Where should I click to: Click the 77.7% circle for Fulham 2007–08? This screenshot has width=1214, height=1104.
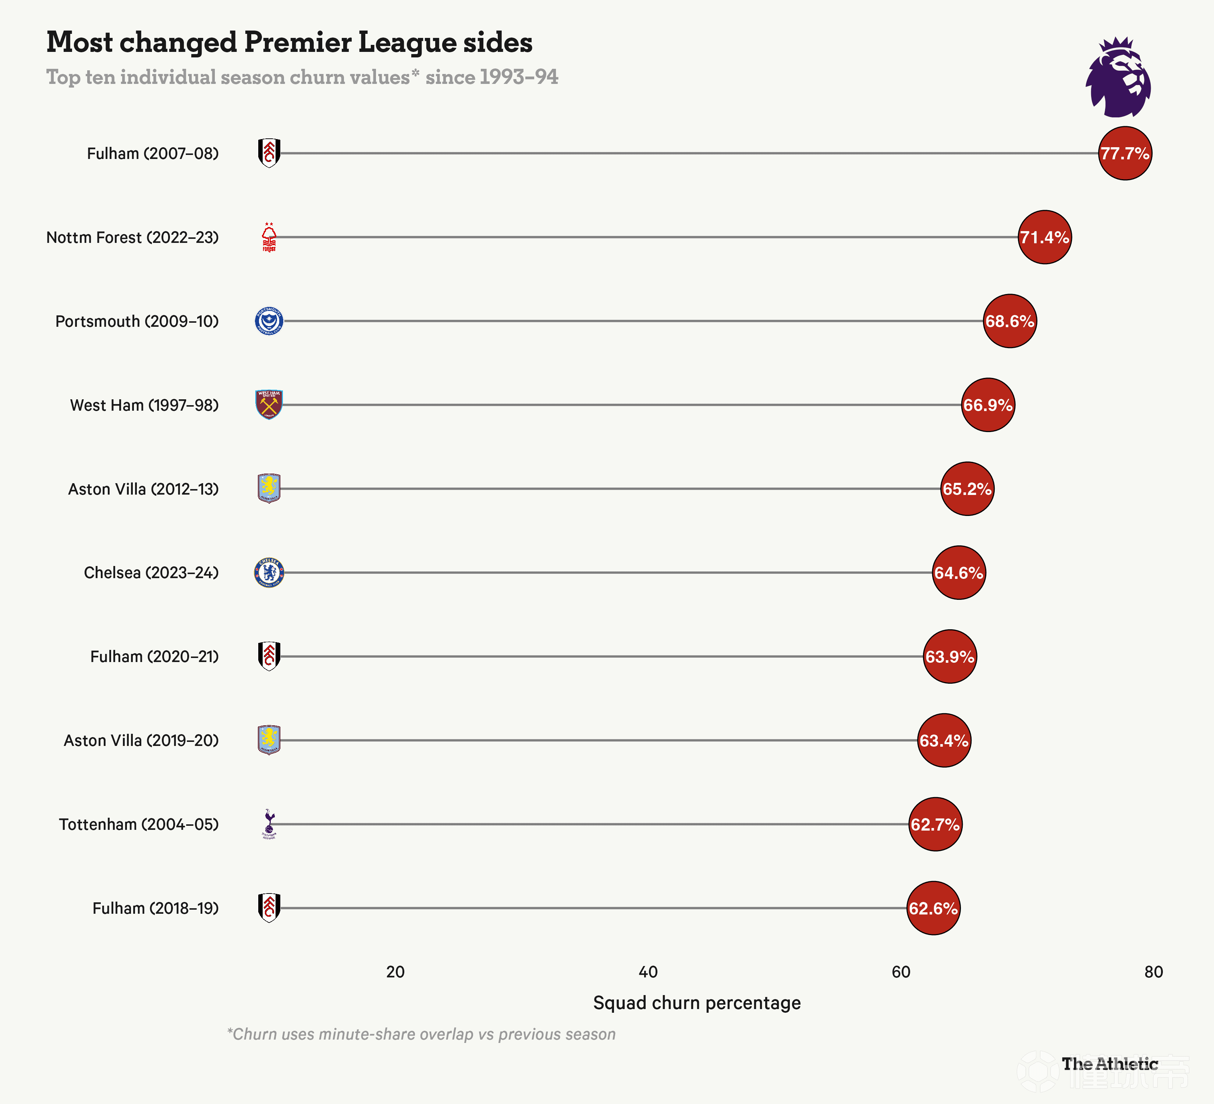(1124, 153)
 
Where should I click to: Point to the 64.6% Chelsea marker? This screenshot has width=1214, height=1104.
(959, 572)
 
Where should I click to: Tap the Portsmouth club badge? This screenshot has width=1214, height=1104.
(269, 321)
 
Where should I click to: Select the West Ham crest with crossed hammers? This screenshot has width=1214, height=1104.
(269, 405)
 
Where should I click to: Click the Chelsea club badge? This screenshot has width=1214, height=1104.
(269, 572)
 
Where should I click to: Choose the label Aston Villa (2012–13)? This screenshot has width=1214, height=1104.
(143, 489)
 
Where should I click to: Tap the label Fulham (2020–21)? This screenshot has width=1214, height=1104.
(154, 657)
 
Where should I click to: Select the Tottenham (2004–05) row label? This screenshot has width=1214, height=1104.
(138, 824)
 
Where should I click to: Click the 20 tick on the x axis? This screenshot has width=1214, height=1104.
(395, 972)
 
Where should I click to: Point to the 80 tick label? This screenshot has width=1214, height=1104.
(1153, 972)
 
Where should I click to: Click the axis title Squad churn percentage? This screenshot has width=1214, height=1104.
(697, 1003)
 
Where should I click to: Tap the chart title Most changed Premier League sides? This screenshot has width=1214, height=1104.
(289, 42)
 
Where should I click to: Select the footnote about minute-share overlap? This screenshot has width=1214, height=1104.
(421, 1034)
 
